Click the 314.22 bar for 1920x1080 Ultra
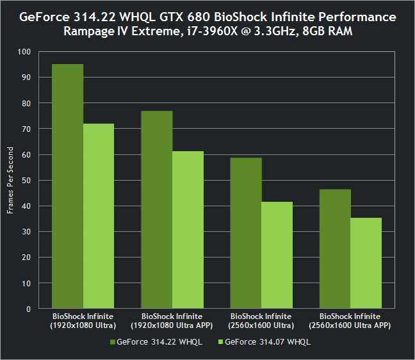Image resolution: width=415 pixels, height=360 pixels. [x=67, y=186]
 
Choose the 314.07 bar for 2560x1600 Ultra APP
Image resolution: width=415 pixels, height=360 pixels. [x=366, y=263]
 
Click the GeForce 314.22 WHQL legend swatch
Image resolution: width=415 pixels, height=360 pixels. [x=112, y=342]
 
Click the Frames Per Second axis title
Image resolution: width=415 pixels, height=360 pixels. [x=10, y=180]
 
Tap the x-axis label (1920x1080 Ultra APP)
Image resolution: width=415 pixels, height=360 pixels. [x=172, y=320]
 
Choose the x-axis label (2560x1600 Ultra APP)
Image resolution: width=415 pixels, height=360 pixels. [x=350, y=320]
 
